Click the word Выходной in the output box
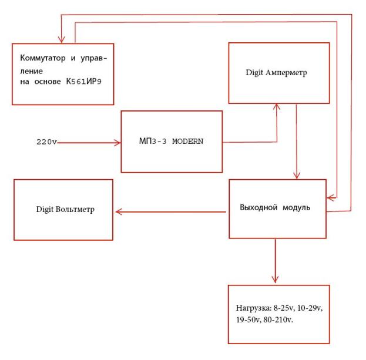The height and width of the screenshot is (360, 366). click(259, 208)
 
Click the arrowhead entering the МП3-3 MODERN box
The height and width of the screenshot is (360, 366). click(117, 142)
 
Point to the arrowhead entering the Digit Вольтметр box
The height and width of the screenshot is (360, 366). click(117, 211)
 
